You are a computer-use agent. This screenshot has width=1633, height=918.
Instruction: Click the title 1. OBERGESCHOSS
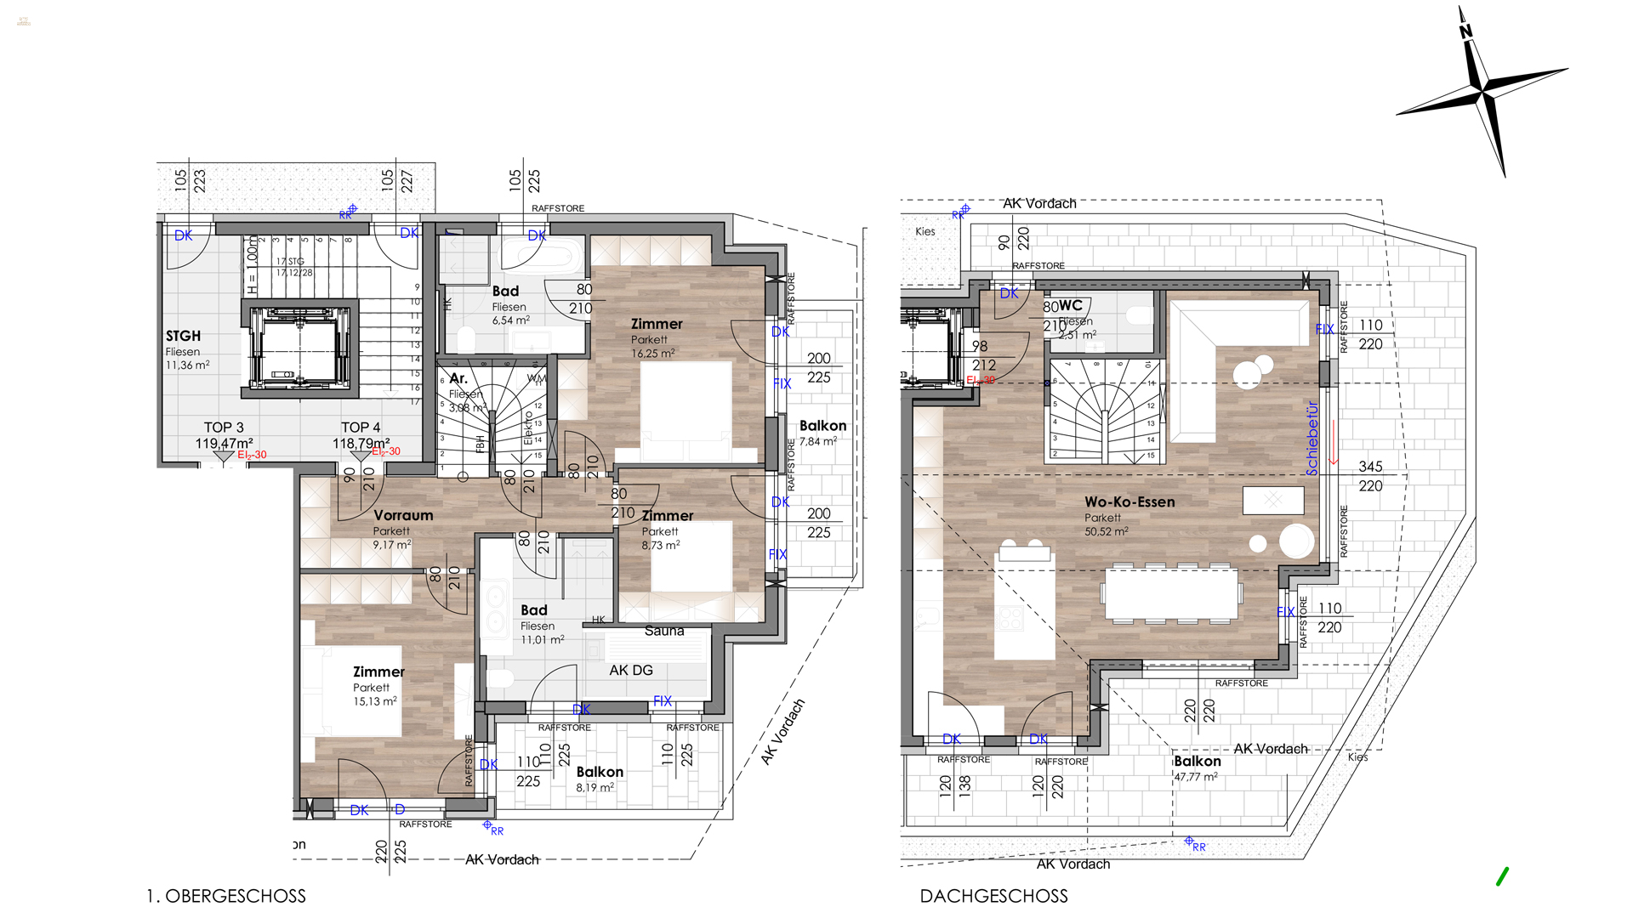pos(226,896)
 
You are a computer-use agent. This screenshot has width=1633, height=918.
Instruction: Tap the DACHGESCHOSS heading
pos(993,896)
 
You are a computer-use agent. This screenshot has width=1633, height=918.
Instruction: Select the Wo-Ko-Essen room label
pos(1129,502)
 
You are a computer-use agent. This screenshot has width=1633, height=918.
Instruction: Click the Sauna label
pos(664,631)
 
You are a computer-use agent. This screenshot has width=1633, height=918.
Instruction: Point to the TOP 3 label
pos(224,428)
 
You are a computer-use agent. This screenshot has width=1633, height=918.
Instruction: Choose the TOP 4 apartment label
pos(361,428)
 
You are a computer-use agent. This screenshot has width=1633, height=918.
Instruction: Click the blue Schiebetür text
pos(1312,439)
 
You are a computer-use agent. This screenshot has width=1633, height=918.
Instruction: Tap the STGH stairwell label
pos(183,337)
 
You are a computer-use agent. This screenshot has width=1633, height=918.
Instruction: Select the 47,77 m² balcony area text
pos(1195,777)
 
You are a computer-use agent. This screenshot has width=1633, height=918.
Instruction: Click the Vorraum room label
pos(403,516)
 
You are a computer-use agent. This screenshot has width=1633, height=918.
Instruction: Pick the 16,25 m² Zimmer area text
pos(652,354)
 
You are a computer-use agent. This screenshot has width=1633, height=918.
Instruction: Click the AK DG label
pos(631,671)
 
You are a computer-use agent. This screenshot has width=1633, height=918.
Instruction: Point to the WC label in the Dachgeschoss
pos(1071,305)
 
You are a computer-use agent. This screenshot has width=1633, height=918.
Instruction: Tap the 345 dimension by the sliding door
pos(1370,467)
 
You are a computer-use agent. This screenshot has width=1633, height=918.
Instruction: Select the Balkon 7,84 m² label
pos(822,427)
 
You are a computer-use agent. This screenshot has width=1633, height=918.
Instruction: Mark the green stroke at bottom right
pos(1502,876)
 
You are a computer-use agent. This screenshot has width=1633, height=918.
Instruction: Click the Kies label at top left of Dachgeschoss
pos(925,231)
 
